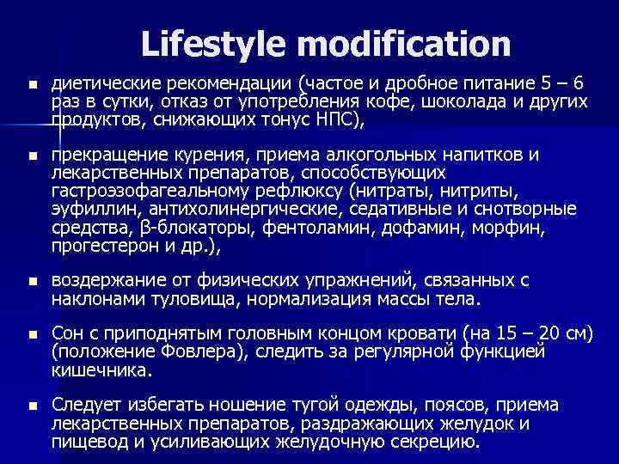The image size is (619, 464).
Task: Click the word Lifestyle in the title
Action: [x=206, y=43]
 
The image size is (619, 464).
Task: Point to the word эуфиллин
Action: [x=95, y=209]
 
